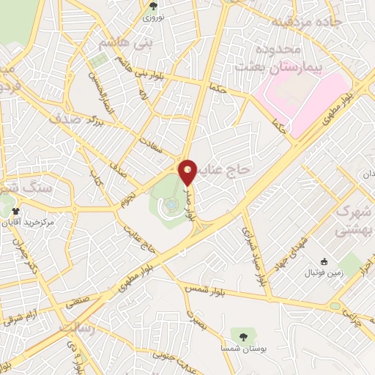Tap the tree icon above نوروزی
pyautogui.click(x=152, y=6)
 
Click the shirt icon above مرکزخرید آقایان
pyautogui.click(x=16, y=211)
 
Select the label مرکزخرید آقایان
pyautogui.click(x=28, y=221)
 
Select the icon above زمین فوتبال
pyautogui.click(x=323, y=261)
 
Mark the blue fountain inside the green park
pyautogui.click(x=170, y=207)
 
